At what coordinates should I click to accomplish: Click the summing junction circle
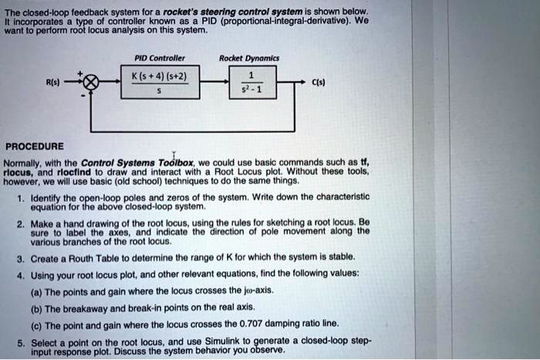pyautogui.click(x=92, y=82)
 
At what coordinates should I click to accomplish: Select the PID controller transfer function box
pyautogui.click(x=164, y=82)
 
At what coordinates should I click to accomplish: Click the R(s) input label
pyautogui.click(x=50, y=80)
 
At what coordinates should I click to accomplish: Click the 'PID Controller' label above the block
pyautogui.click(x=157, y=57)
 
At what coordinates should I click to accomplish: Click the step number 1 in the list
pyautogui.click(x=19, y=197)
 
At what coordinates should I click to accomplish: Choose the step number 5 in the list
pyautogui.click(x=19, y=339)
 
